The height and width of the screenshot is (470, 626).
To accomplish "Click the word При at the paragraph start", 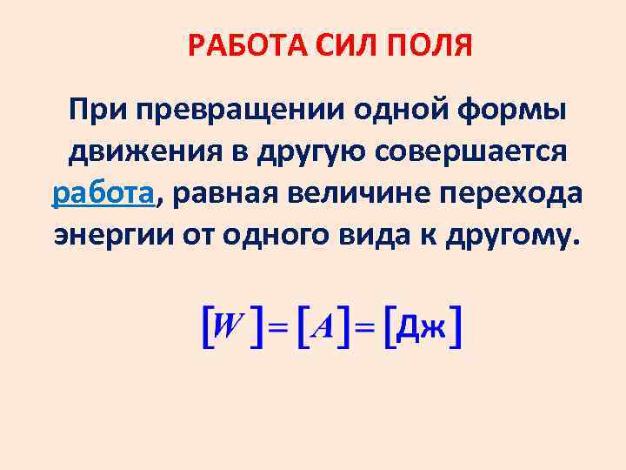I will pyautogui.click(x=90, y=111).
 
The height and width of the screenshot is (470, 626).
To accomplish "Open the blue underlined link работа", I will pyautogui.click(x=103, y=194).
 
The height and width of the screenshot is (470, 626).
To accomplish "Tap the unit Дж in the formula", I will pyautogui.click(x=424, y=328).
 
